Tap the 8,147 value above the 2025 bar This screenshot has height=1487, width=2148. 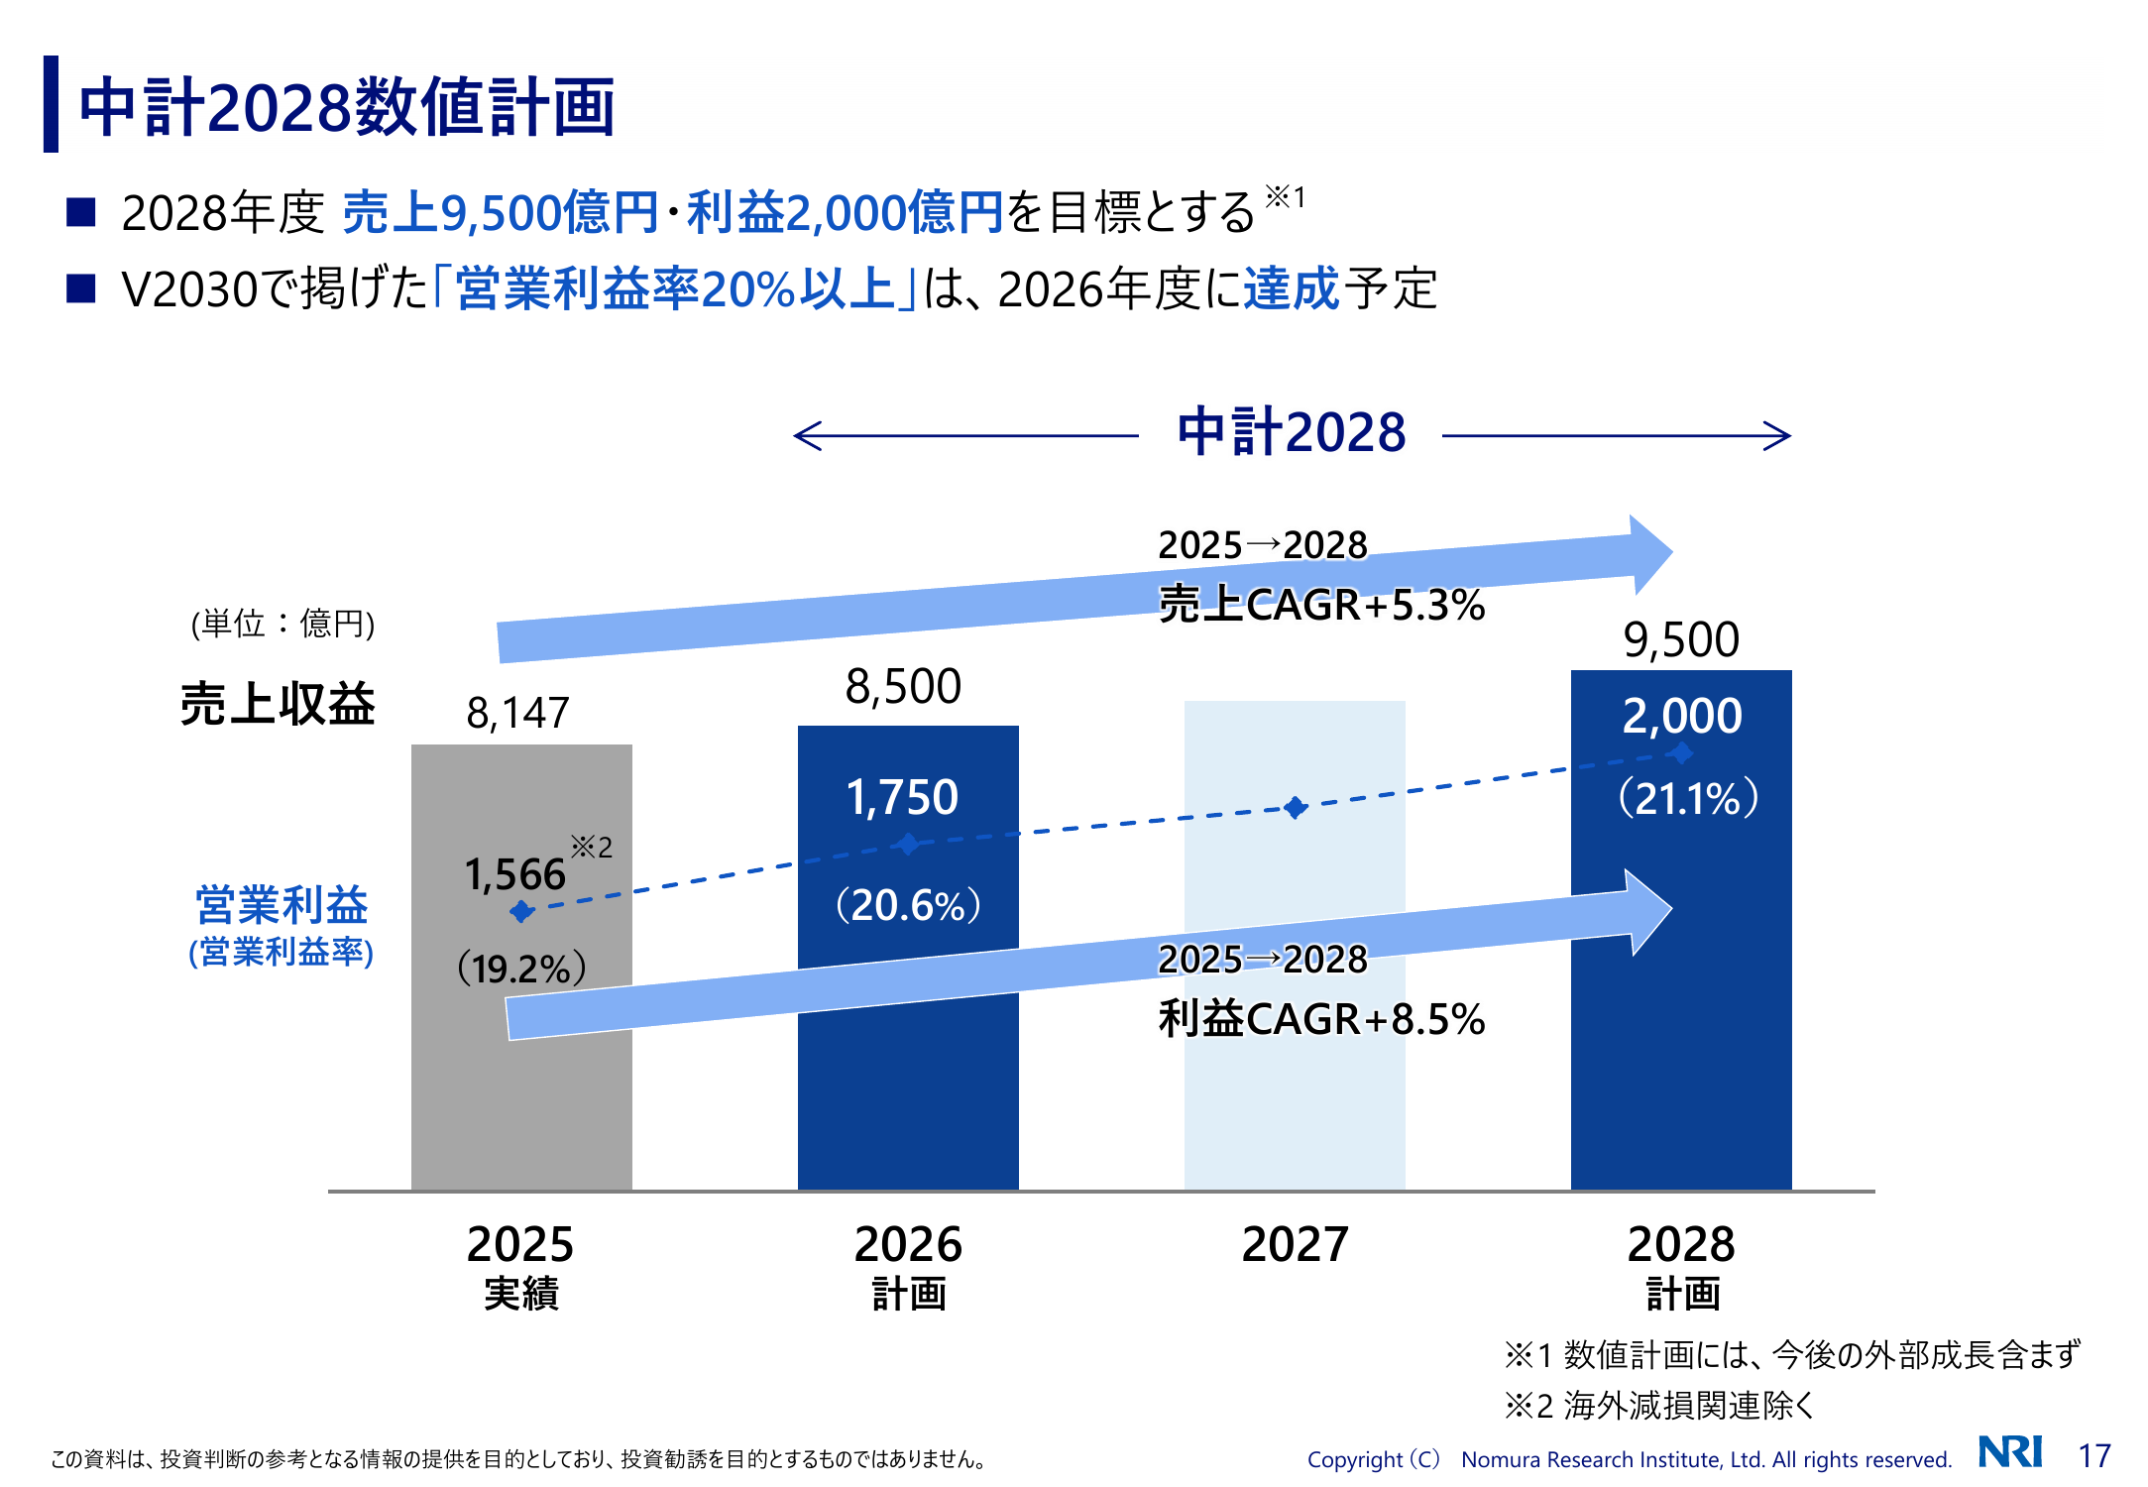[518, 713]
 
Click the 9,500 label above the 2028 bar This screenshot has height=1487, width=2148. [1681, 639]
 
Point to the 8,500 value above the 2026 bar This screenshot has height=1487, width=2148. [903, 686]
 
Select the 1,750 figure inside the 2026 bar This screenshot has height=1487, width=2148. [902, 797]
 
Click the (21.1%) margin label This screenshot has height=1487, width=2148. [1688, 798]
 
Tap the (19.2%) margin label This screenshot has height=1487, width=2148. [521, 968]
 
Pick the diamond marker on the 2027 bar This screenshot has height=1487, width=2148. [1296, 808]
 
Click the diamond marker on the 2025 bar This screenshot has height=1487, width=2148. [521, 911]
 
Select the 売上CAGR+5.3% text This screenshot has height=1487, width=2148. [1321, 605]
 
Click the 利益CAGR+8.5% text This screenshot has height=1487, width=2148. [1321, 1019]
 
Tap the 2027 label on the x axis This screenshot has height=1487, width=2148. [1296, 1244]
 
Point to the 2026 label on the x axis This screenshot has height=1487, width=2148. [908, 1244]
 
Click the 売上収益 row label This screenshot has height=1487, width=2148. [278, 705]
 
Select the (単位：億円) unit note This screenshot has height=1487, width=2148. [283, 624]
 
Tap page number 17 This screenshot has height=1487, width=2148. [2094, 1455]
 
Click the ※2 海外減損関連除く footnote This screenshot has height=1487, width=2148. [1658, 1405]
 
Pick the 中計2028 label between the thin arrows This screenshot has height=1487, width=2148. [1292, 432]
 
